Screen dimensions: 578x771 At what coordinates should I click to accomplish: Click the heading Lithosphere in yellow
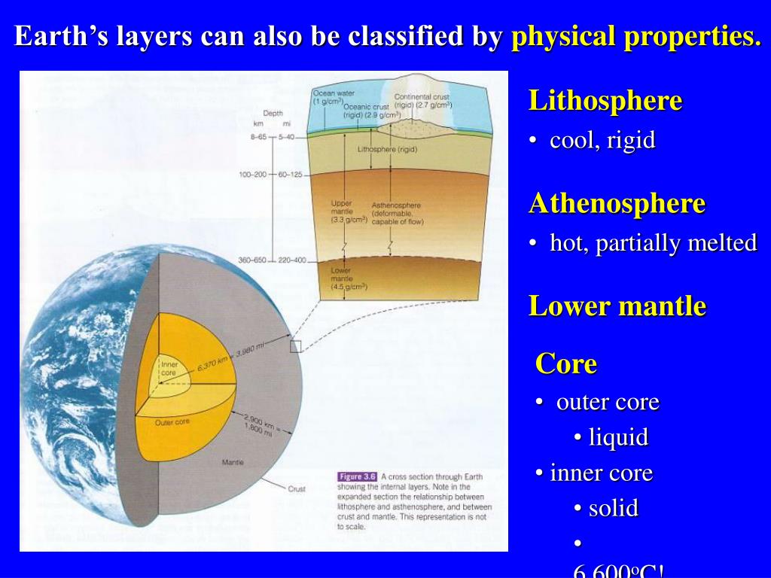click(x=605, y=101)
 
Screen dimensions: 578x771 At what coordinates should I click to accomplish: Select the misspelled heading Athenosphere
click(x=617, y=204)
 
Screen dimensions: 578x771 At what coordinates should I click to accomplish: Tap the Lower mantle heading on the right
click(x=617, y=306)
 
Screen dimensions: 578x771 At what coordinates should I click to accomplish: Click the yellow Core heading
click(x=565, y=364)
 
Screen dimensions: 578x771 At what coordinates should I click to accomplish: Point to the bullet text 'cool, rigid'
click(x=602, y=141)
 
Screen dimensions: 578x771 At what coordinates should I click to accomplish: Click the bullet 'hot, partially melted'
click(x=652, y=243)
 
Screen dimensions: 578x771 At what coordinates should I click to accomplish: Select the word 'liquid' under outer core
click(x=617, y=437)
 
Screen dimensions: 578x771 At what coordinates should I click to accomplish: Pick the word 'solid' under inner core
click(x=613, y=508)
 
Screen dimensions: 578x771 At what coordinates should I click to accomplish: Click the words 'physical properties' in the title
click(x=635, y=37)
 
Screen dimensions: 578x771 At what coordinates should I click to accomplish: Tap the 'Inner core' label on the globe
click(x=169, y=368)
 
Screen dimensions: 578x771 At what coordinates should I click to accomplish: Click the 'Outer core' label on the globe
click(x=172, y=422)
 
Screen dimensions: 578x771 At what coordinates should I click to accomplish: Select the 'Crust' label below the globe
click(x=297, y=489)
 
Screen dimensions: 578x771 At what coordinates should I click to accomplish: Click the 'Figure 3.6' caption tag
click(x=357, y=476)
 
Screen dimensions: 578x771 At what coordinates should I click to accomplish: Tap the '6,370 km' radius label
click(x=213, y=364)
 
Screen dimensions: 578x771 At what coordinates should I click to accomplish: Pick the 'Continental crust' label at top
click(x=422, y=96)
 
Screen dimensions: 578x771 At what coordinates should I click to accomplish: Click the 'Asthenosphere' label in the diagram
click(x=396, y=205)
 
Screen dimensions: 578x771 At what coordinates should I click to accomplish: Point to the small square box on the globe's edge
click(x=295, y=345)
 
